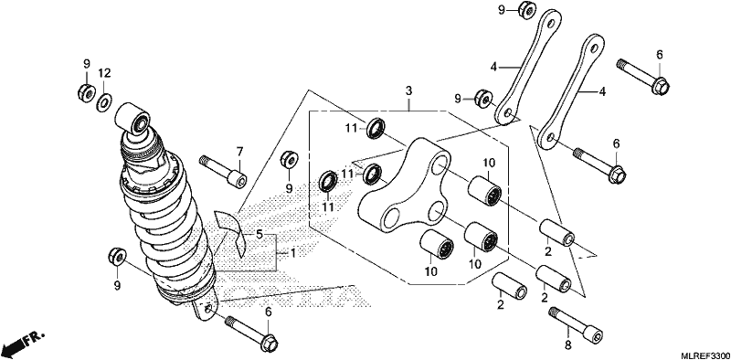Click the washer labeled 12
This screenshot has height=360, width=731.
[104, 102]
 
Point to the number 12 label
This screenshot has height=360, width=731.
[104, 73]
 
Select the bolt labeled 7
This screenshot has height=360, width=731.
[223, 172]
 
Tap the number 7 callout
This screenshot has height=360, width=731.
[239, 151]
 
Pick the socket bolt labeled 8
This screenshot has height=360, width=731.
[576, 324]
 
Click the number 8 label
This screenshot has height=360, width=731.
[568, 346]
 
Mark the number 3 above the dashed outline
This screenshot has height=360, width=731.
[408, 91]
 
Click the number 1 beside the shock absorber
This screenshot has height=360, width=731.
[292, 254]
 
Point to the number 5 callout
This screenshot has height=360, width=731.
[260, 234]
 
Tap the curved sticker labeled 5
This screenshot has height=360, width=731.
[229, 232]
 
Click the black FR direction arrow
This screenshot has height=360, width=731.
[22, 343]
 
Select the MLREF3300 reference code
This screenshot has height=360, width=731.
[705, 355]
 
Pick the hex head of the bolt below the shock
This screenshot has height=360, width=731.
[269, 344]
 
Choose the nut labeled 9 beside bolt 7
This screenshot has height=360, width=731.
[290, 160]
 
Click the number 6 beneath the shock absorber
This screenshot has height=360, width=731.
[268, 312]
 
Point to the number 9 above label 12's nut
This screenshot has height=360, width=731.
[86, 64]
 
